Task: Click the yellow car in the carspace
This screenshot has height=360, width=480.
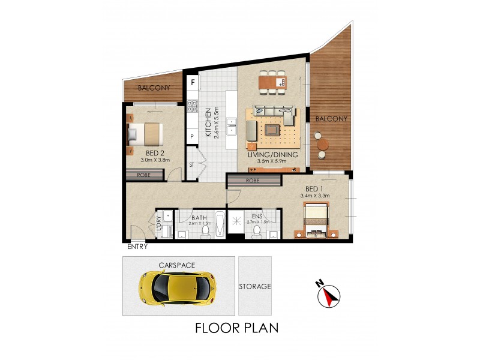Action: click(x=178, y=287)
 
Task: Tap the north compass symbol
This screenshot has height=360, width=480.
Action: click(x=328, y=293)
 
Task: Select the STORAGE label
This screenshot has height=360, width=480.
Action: click(x=255, y=287)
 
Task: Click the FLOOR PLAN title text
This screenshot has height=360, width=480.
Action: click(x=236, y=328)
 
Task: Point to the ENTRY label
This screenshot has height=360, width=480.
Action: click(x=137, y=247)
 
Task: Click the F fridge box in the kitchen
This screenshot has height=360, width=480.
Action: click(x=193, y=83)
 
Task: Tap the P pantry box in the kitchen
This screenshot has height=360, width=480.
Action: click(x=192, y=137)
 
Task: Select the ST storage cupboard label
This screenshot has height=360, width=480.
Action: click(x=192, y=164)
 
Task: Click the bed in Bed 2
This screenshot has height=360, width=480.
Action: click(x=146, y=134)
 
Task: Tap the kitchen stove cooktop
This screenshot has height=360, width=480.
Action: click(x=193, y=107)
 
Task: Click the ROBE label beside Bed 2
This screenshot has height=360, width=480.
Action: click(x=145, y=175)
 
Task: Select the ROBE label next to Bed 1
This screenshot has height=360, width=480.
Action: click(x=251, y=181)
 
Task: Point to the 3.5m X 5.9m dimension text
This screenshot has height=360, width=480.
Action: click(x=277, y=161)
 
